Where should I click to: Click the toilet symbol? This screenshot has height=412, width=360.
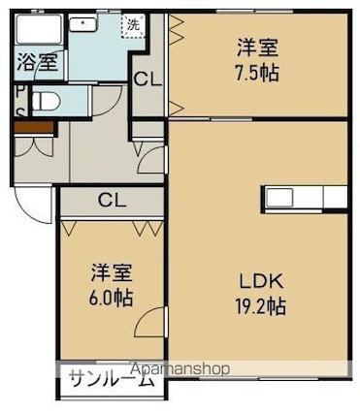(47, 101)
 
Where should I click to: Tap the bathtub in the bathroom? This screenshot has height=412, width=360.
(39, 28)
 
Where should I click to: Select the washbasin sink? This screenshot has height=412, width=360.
(83, 23)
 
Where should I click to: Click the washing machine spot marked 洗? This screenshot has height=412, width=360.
(133, 25)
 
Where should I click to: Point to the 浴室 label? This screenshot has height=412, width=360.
(38, 62)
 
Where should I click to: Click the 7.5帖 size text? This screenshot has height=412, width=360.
(257, 74)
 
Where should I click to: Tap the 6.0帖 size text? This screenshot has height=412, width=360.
(111, 298)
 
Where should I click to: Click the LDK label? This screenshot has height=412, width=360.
(261, 282)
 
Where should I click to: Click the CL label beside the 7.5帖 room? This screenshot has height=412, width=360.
(147, 79)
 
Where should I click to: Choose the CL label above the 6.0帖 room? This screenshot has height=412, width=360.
(113, 201)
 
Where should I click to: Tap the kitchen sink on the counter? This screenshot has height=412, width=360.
(279, 198)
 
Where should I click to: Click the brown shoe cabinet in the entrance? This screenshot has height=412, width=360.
(34, 127)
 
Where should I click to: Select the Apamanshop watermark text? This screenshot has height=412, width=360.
(180, 369)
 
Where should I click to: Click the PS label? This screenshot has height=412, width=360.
(20, 102)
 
